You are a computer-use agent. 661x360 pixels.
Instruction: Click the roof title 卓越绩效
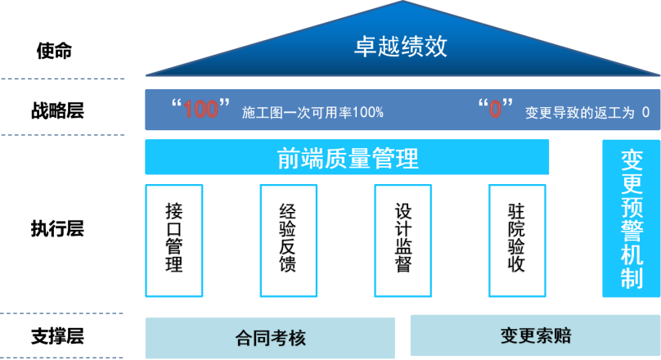tap(401, 46)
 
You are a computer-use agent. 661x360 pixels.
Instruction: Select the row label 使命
tap(54, 51)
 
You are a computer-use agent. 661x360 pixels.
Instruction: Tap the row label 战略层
tap(57, 111)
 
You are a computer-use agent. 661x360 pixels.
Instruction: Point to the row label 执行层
tap(57, 228)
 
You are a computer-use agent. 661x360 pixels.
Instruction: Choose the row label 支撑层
tap(57, 336)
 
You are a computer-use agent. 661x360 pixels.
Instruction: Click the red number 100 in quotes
tap(200, 109)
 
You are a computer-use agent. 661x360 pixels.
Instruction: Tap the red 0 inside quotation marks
tap(495, 109)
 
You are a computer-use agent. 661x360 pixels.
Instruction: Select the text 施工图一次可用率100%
tap(313, 113)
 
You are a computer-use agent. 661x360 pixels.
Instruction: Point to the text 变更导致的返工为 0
tap(587, 113)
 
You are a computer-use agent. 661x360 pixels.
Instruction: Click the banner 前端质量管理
tap(347, 157)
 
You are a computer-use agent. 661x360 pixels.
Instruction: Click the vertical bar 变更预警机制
tap(632, 218)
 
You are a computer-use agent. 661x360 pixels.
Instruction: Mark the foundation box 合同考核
tap(270, 338)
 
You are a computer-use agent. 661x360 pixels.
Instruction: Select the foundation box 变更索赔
tap(535, 335)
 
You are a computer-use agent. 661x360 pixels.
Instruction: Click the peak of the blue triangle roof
tap(402, 2)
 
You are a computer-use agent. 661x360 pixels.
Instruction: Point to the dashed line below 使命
tap(63, 79)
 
